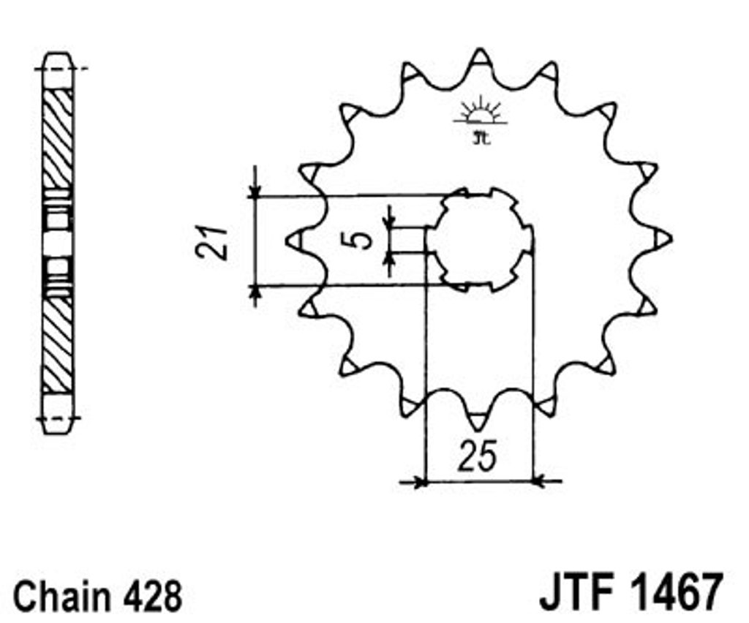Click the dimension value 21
pyautogui.click(x=211, y=241)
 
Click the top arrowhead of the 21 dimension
pyautogui.click(x=255, y=191)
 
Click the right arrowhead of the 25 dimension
pyautogui.click(x=539, y=482)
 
